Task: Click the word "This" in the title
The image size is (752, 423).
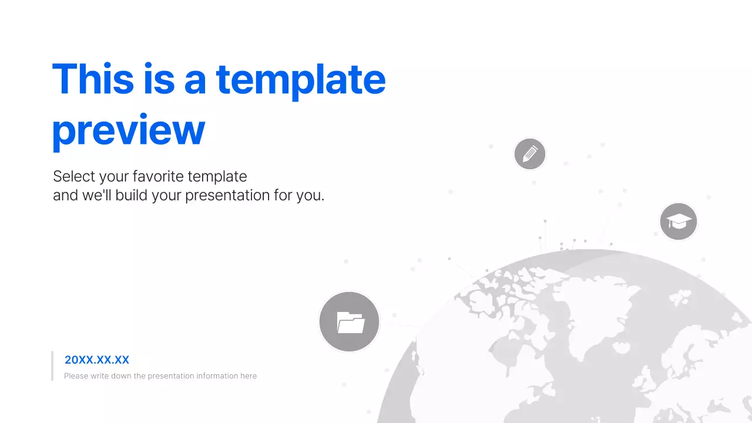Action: point(93,79)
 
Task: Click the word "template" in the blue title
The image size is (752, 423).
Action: point(301,79)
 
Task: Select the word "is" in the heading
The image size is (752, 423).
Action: point(159,79)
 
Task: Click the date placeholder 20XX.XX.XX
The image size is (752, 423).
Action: point(97,360)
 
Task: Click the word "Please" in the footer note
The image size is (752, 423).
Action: point(76,376)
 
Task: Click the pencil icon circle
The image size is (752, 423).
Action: point(530,155)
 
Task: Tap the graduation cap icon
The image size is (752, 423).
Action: point(679,222)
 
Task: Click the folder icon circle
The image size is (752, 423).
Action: point(350,322)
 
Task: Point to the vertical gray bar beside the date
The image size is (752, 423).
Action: point(52,366)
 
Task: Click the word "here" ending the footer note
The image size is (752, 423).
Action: point(249,376)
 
